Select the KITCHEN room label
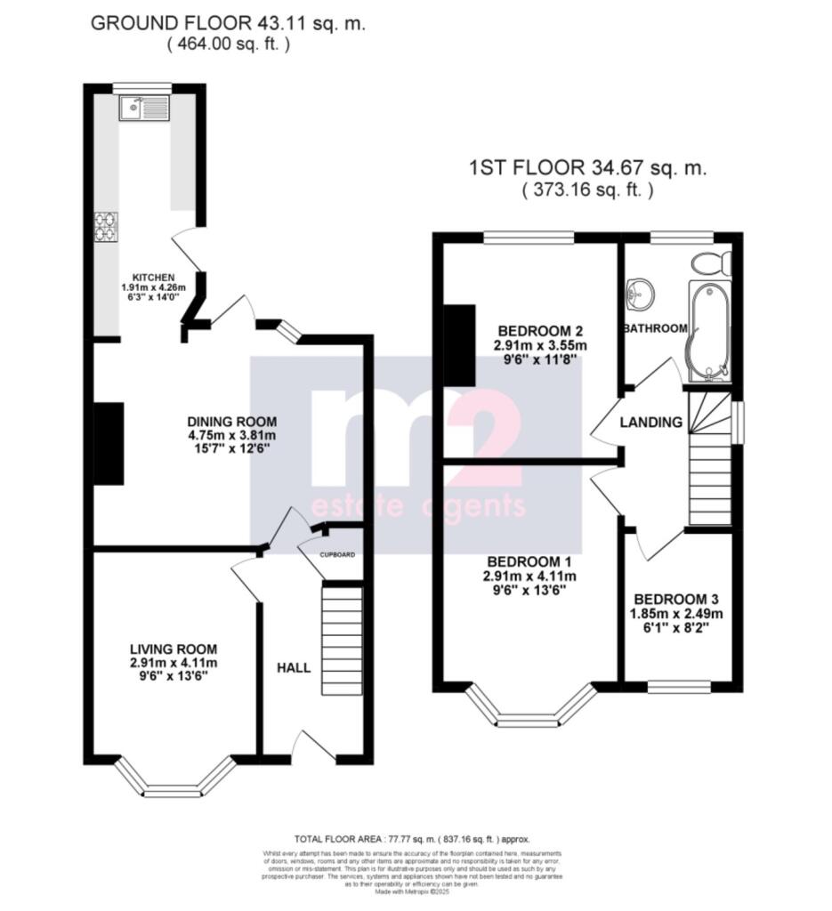click(x=153, y=277)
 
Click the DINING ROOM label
click(x=231, y=422)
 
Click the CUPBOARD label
click(x=337, y=554)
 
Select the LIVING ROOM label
click(x=173, y=650)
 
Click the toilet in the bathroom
click(x=712, y=262)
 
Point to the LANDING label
click(x=651, y=423)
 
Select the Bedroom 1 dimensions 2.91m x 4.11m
click(x=529, y=576)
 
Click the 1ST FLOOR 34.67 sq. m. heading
click(x=586, y=168)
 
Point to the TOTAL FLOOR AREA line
click(x=411, y=838)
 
